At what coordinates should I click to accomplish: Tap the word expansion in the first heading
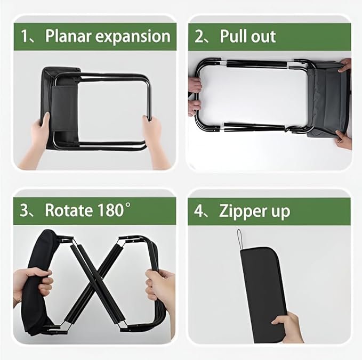pos(133,37)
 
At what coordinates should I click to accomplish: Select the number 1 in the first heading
pos(24,36)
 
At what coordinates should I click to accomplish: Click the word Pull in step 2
pos(233,36)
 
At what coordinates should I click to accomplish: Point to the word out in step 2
pos(263,37)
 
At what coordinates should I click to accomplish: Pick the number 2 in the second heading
pos(198,36)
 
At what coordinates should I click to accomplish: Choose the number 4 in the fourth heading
pos(198,210)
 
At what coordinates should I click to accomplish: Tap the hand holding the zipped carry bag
pos(288,327)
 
